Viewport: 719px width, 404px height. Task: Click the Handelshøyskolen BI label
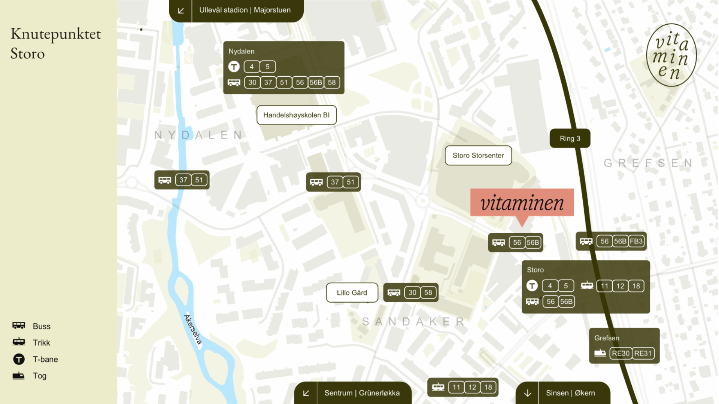296,115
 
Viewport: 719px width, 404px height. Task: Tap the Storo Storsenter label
478,155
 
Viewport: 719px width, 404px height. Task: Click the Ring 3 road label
570,138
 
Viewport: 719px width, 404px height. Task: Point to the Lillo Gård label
352,293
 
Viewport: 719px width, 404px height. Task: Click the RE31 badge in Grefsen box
643,353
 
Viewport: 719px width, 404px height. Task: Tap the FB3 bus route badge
636,241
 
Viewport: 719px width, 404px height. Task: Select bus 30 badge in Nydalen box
252,82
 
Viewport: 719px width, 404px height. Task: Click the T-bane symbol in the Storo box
532,286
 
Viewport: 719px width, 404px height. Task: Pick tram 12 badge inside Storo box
620,286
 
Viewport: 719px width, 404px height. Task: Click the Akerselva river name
193,330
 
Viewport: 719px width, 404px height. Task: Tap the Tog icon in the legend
18,376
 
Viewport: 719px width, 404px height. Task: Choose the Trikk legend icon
19,342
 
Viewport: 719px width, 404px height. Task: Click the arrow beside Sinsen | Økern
527,393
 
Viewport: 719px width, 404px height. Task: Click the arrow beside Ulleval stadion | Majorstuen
180,10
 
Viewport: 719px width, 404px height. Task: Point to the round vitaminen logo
671,55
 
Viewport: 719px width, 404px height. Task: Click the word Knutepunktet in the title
56,34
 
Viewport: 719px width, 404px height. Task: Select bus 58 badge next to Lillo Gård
428,293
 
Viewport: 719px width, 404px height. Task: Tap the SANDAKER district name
413,321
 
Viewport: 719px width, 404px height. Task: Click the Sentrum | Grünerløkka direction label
362,393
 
